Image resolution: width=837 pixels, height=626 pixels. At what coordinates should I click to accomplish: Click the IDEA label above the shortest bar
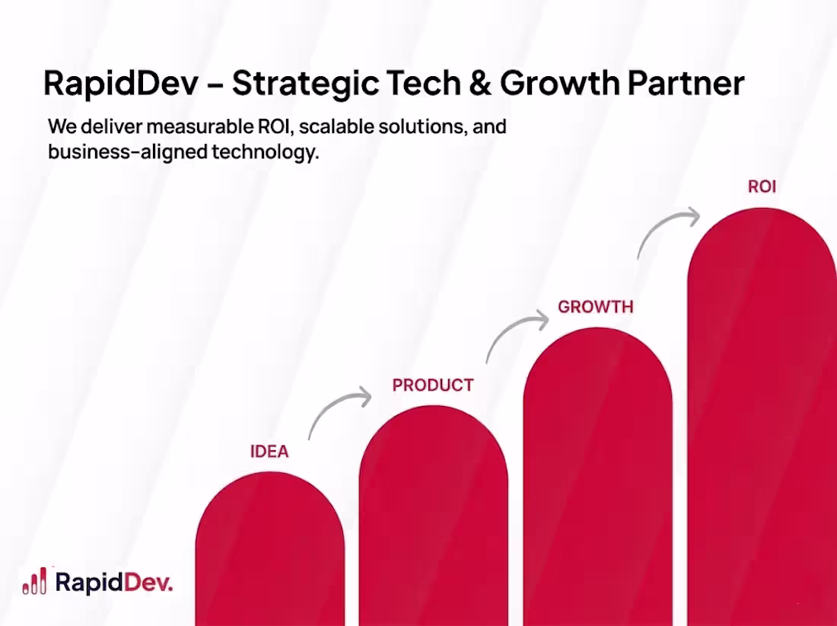[269, 452]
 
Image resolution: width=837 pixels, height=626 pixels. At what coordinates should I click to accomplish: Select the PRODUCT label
[433, 385]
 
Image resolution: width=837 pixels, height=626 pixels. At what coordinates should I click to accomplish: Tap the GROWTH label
[596, 307]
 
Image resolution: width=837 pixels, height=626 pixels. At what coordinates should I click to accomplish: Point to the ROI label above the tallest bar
[762, 187]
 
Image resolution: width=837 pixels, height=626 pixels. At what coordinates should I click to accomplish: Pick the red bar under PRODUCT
[433, 518]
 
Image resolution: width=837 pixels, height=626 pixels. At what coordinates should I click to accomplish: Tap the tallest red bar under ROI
[762, 419]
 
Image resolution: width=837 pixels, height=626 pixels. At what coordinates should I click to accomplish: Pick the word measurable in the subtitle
[201, 126]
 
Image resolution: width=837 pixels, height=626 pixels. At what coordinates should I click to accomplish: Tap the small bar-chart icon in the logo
[35, 581]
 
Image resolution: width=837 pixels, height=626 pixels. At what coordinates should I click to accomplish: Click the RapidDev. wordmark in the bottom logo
[115, 583]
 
